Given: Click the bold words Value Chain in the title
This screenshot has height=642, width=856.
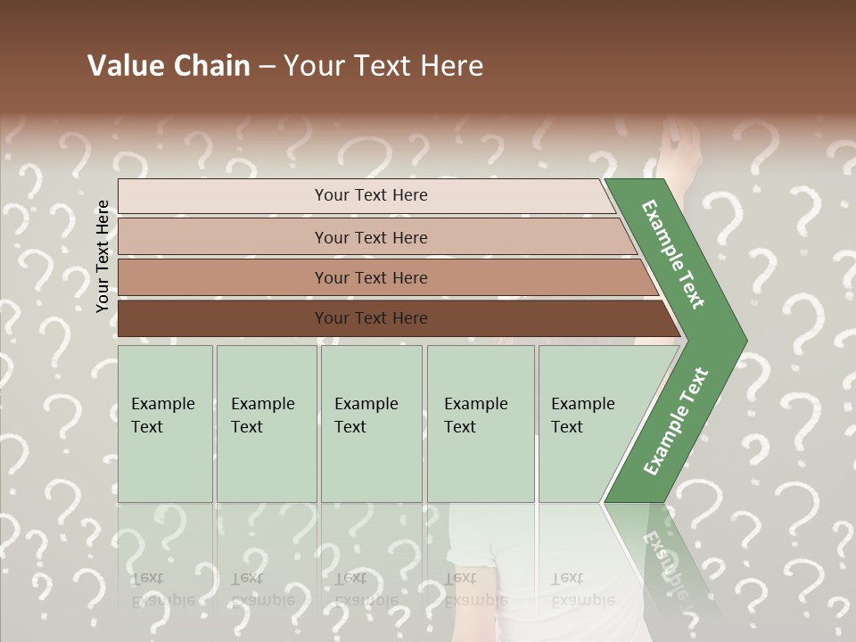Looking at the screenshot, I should (x=169, y=66).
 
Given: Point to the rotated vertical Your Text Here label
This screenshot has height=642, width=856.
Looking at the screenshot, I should (x=103, y=256).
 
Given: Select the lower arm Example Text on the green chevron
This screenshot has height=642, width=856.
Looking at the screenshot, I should (x=676, y=421).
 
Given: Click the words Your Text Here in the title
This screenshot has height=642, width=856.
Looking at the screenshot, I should (x=383, y=66).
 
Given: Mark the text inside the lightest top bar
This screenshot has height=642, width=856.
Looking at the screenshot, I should (x=371, y=195).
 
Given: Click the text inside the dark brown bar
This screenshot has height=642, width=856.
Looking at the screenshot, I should (x=371, y=318).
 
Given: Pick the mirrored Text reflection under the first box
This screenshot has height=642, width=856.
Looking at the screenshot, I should (x=147, y=578).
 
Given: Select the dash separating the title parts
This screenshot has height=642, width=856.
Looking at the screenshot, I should (x=266, y=67).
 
